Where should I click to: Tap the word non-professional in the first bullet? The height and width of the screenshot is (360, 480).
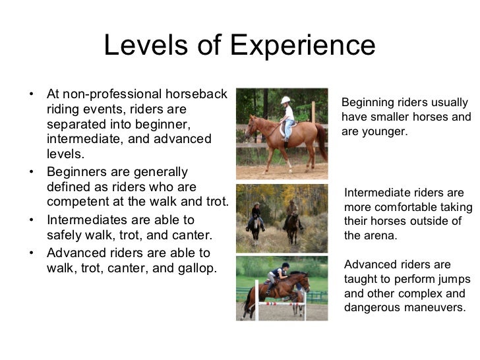coord(111,94)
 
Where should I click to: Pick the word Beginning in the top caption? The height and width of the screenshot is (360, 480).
coord(368,103)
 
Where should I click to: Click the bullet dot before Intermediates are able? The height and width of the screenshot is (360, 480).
coord(32,219)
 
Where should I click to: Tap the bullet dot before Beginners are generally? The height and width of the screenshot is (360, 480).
coord(32,171)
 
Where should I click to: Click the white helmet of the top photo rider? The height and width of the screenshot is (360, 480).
coord(285,100)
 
